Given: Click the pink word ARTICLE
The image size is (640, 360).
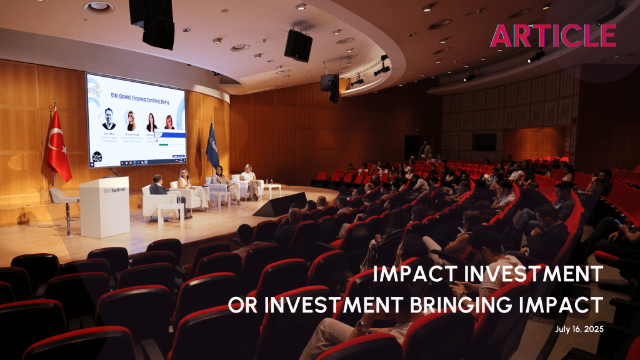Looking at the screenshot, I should point(553,36).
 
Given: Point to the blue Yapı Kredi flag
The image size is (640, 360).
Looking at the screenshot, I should point(212,147).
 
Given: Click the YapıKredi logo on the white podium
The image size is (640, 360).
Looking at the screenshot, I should point(104,190).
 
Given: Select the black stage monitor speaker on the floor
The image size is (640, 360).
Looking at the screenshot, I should point(280,204).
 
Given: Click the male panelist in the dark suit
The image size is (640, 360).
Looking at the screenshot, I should point(160,190).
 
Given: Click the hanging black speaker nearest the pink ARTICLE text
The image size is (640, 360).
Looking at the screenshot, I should point(298,46).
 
